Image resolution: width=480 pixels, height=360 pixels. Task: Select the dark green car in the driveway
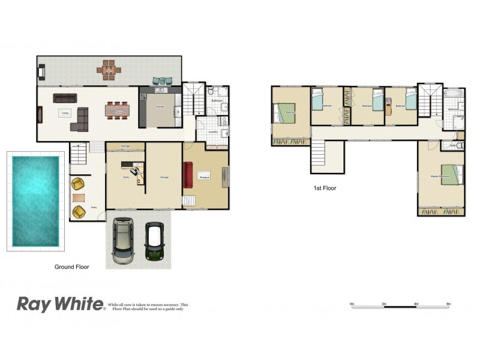(154, 242)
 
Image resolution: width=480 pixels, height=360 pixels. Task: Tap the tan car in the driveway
(123, 243)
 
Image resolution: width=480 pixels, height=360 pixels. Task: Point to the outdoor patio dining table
(109, 70)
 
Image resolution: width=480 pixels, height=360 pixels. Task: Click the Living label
(64, 112)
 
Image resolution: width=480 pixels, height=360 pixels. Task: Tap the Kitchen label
(160, 106)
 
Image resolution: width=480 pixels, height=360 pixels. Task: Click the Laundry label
(213, 132)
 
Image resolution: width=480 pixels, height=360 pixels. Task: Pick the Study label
(127, 178)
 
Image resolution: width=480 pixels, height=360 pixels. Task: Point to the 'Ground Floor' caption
(71, 267)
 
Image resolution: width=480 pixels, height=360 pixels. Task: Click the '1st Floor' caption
(325, 188)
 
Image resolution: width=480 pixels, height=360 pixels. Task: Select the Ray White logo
(60, 304)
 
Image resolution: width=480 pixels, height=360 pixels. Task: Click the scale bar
(401, 304)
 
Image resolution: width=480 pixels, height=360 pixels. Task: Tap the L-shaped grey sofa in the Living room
(79, 119)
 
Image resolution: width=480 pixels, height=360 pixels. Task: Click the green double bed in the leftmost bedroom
(285, 112)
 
